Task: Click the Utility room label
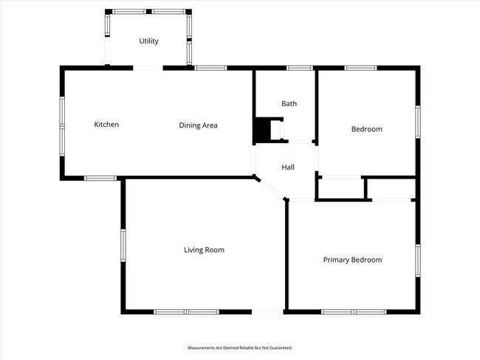coord(148,41)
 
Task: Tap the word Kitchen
coord(106,125)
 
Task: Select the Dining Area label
coord(198,125)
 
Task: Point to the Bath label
coord(289,104)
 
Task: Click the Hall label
coord(288,167)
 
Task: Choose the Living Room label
coord(204,250)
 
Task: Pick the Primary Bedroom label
coord(352,260)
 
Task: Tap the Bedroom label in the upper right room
coord(366,129)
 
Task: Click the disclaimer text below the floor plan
coord(240,347)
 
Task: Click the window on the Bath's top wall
coord(299,68)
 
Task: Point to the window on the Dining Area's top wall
coord(210,68)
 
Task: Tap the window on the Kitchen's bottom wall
coord(100,178)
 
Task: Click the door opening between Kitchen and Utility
coord(148,68)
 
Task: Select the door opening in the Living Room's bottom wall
coord(268,312)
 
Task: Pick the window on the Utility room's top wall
coord(148,12)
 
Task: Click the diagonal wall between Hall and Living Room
coord(271,187)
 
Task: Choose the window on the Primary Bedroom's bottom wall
coord(353,312)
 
